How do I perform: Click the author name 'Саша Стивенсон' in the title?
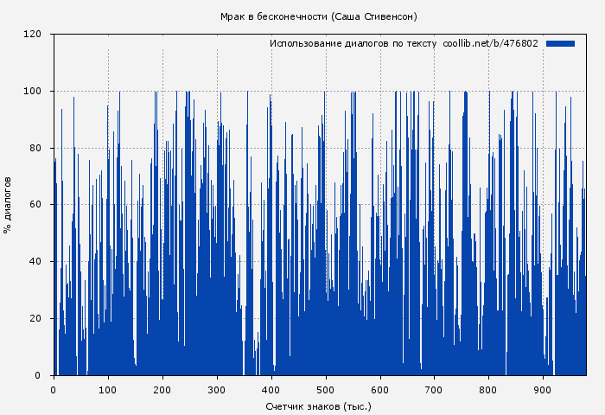(375, 16)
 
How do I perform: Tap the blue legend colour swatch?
(560, 43)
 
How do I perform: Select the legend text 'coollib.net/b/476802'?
(490, 43)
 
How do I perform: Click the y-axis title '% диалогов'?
(8, 205)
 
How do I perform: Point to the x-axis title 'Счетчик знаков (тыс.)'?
(319, 405)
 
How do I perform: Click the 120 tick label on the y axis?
(33, 35)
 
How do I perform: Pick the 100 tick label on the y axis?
(33, 92)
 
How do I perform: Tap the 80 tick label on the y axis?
(35, 148)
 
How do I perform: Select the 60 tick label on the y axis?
(35, 205)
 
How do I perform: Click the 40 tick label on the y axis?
(35, 262)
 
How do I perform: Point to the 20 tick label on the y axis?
(35, 318)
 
